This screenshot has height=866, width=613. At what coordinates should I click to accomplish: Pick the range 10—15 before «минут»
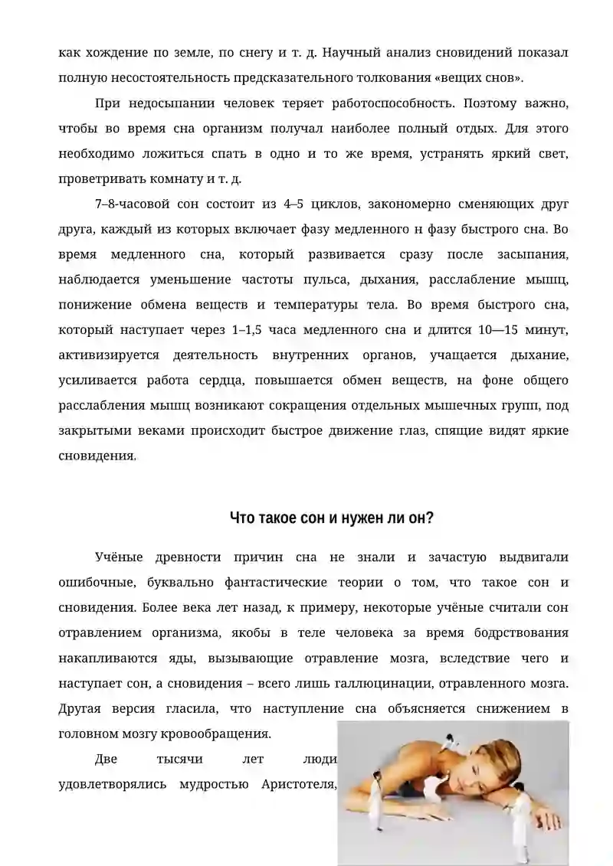[498, 330]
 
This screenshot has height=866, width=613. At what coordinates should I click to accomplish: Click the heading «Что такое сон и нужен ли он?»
[333, 518]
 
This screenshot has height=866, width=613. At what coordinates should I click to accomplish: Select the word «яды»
[182, 658]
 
